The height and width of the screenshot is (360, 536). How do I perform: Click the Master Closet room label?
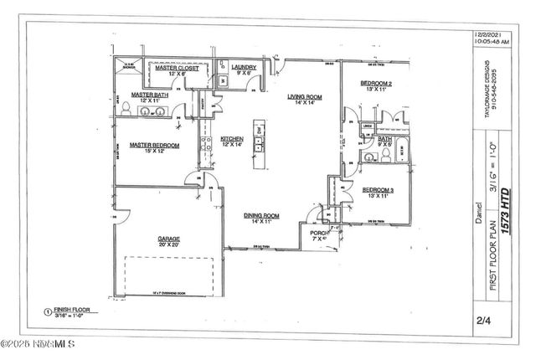pos(177,68)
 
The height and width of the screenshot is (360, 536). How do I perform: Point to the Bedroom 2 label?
pos(378,83)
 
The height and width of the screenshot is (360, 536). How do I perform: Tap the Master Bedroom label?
pos(154,145)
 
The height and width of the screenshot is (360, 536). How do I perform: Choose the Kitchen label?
pos(232,139)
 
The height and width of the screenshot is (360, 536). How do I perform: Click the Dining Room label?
pos(261,216)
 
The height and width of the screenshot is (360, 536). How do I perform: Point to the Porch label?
pos(318,233)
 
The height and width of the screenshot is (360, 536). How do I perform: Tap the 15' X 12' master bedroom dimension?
pos(154,152)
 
